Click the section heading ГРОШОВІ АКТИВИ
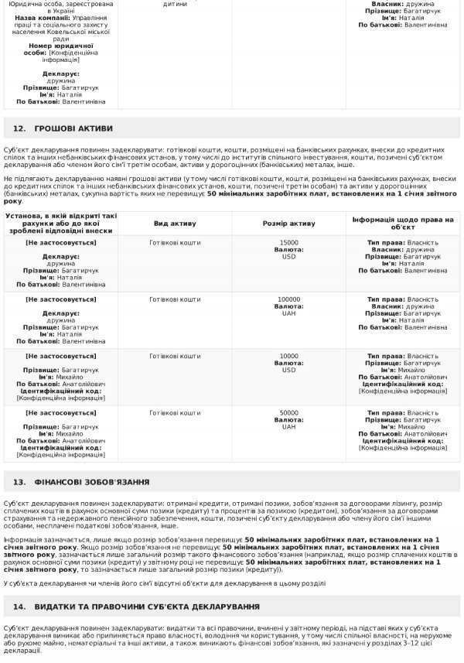(73, 128)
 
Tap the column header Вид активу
(174, 223)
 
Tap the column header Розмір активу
(288, 223)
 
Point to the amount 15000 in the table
(288, 243)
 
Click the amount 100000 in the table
(288, 299)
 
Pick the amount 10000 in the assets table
(288, 356)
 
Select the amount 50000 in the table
(288, 412)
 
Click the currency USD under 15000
(288, 257)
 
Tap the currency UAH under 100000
(288, 313)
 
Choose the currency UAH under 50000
(288, 426)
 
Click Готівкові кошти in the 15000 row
(174, 243)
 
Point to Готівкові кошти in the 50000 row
(174, 412)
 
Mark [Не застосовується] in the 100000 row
(61, 299)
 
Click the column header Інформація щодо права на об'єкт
(403, 223)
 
